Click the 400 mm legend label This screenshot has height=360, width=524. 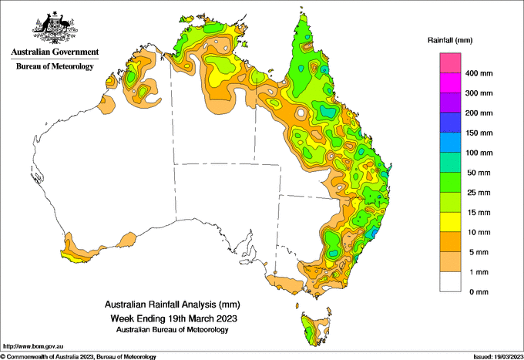click(x=479, y=73)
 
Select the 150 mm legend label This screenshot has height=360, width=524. click(x=479, y=133)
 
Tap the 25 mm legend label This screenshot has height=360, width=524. click(x=479, y=193)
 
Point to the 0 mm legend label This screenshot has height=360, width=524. click(x=479, y=292)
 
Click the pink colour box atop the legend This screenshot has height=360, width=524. click(x=450, y=63)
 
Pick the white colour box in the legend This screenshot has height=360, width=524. click(x=450, y=282)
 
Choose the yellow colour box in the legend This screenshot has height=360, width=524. click(x=450, y=222)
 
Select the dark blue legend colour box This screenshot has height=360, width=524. click(x=450, y=123)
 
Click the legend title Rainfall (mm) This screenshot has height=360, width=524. click(x=450, y=40)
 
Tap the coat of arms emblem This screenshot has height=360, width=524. click(x=55, y=28)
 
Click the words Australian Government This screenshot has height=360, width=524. click(x=55, y=52)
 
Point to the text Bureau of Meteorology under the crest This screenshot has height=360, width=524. click(x=55, y=66)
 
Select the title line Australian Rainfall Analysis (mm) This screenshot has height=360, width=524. click(x=173, y=304)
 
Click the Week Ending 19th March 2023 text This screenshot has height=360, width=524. click(x=174, y=318)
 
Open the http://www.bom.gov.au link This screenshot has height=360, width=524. click(x=32, y=346)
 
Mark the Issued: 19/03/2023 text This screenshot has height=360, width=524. click(x=498, y=357)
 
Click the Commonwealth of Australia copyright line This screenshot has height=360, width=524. click(x=78, y=357)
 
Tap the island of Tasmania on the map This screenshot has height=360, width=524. click(x=316, y=329)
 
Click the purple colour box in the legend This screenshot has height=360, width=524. click(x=450, y=103)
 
